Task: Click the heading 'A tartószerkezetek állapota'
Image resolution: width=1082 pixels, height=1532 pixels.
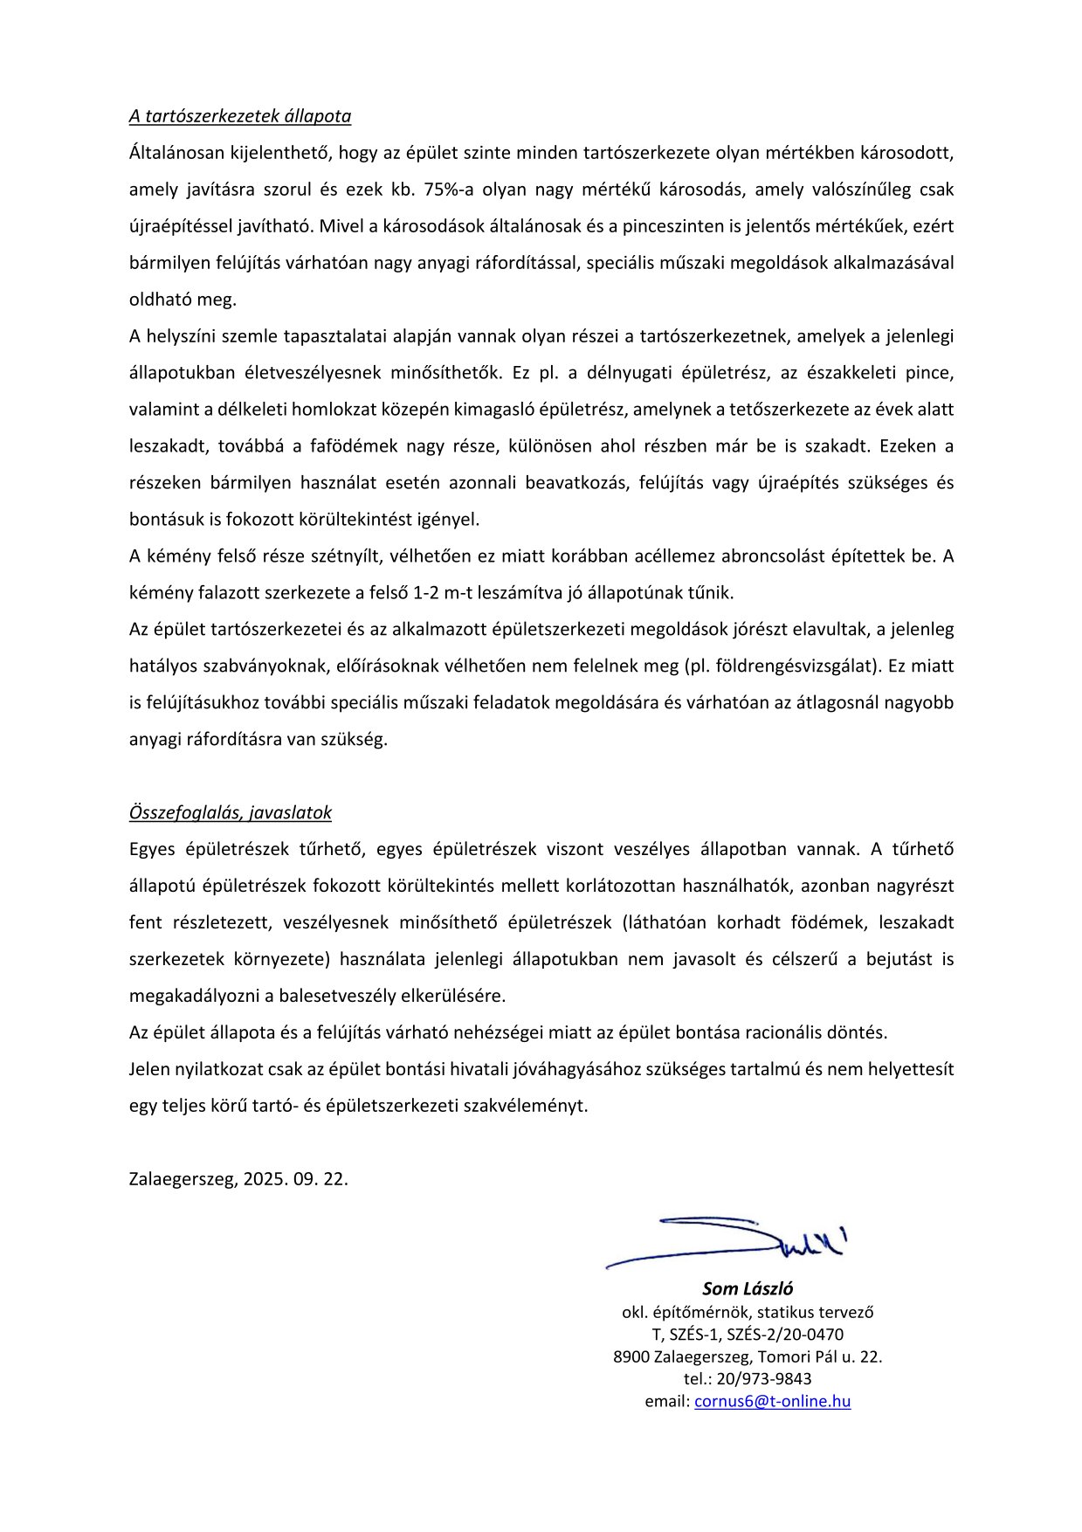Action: tap(240, 116)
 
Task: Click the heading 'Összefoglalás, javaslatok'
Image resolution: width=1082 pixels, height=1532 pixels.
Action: tap(231, 812)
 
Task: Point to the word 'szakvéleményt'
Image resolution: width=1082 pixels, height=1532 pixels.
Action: tap(528, 1106)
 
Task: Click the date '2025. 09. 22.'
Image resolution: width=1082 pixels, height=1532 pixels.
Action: tap(296, 1179)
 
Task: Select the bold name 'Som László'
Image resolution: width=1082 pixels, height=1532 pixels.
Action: tap(748, 1289)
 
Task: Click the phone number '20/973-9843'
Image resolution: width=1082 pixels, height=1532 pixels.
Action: tap(763, 1379)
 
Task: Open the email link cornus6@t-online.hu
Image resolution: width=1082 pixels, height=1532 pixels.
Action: tap(772, 1402)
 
